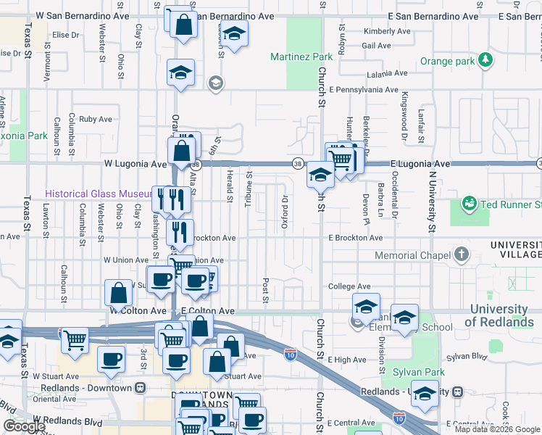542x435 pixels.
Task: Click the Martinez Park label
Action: tap(301, 57)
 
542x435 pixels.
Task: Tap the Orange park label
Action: tap(449, 62)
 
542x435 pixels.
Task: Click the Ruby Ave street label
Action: tap(96, 119)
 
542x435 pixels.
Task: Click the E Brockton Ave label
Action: tap(355, 238)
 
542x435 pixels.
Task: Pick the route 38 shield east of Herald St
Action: tap(297, 164)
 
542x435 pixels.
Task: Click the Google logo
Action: tap(24, 426)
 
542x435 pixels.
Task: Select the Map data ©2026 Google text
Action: tap(497, 429)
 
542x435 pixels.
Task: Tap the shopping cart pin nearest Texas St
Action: tap(75, 339)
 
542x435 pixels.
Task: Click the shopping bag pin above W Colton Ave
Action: tap(118, 293)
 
